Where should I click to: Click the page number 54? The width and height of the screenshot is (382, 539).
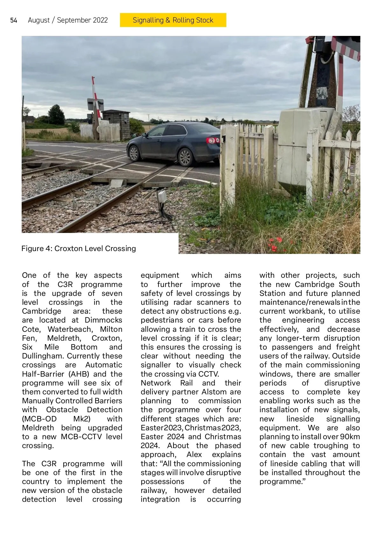[x=14, y=21]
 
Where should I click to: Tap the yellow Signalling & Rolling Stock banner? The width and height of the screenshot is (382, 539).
[x=173, y=20]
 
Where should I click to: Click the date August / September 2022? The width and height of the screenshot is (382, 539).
[x=68, y=20]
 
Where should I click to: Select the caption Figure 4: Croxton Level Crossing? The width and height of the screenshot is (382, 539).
[x=79, y=249]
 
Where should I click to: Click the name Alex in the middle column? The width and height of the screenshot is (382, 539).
[x=194, y=454]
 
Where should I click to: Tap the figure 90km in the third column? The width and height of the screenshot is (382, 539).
[x=350, y=437]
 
